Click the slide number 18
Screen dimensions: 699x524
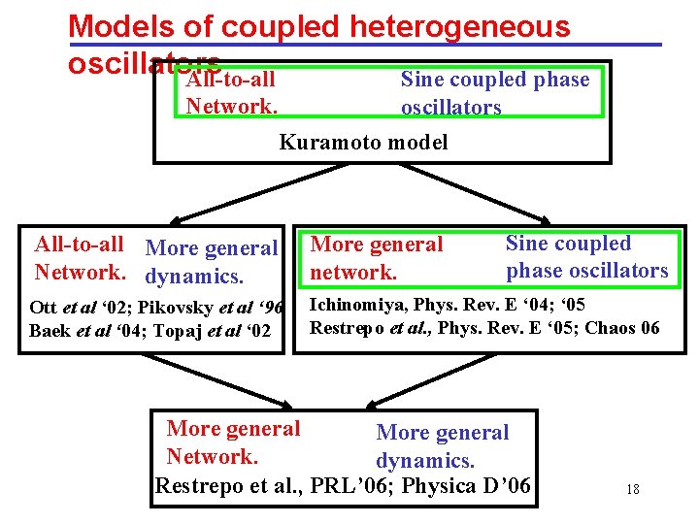pos(632,489)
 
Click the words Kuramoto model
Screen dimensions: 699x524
pos(363,143)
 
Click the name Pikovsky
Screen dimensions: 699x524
pos(187,309)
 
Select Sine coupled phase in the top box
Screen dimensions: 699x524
pos(494,80)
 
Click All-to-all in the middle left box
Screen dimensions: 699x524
pos(79,245)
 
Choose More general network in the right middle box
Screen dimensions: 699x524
pos(376,258)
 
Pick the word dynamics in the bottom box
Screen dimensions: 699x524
pos(424,461)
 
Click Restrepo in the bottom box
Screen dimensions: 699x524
pos(199,486)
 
